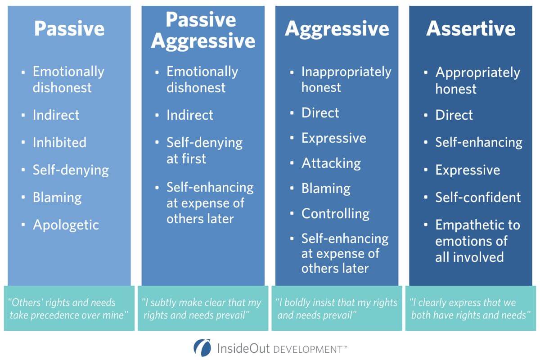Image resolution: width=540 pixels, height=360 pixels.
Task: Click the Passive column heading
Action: [x=69, y=29]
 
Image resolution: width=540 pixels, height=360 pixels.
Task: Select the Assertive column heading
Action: [x=471, y=29]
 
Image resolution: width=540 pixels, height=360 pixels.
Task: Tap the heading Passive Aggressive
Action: [x=203, y=31]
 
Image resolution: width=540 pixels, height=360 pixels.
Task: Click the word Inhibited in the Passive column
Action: [x=59, y=143]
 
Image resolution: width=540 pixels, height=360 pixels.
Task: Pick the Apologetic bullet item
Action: [x=66, y=225]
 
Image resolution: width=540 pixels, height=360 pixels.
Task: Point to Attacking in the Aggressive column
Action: [x=331, y=163]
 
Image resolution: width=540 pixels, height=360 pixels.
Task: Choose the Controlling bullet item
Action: [x=335, y=213]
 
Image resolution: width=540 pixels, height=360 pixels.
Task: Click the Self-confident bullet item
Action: [x=477, y=197]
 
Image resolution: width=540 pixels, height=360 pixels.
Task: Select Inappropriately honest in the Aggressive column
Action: [x=346, y=79]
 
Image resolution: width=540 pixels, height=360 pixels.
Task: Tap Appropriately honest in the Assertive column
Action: [x=477, y=80]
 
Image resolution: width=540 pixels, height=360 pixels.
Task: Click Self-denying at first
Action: [x=204, y=150]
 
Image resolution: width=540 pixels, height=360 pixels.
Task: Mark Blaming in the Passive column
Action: [x=57, y=198]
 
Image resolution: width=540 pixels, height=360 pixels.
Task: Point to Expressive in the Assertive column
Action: [x=467, y=170]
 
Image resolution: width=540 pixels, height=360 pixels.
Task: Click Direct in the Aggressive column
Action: [x=320, y=112]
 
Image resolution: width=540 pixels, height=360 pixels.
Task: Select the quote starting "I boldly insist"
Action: [x=337, y=308]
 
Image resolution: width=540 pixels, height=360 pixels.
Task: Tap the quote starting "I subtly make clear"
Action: [x=202, y=308]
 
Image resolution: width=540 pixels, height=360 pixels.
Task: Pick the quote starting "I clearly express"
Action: [x=470, y=308]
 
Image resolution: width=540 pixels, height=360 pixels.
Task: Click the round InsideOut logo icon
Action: [x=202, y=348]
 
